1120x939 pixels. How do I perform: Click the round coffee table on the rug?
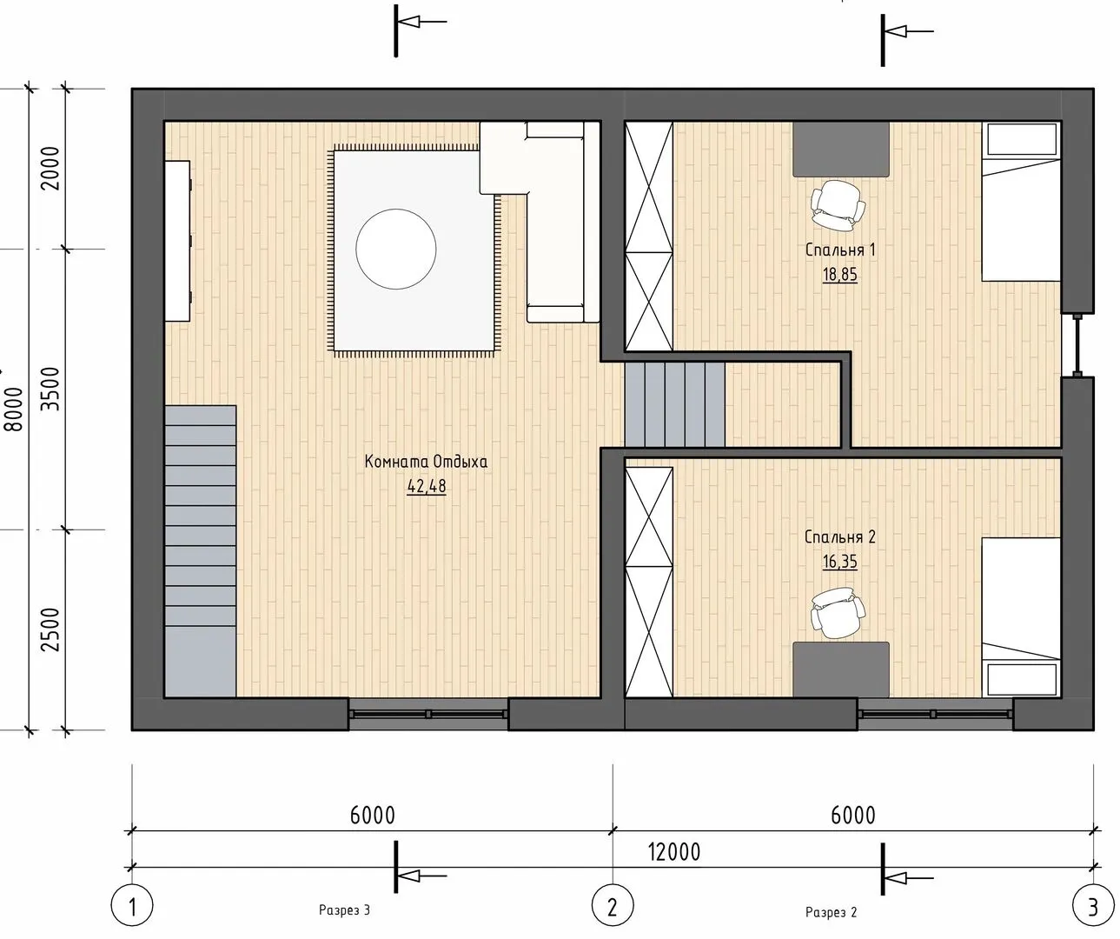pyautogui.click(x=396, y=250)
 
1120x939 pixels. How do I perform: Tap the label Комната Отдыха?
pyautogui.click(x=426, y=462)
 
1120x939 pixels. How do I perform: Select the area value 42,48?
pyautogui.click(x=427, y=486)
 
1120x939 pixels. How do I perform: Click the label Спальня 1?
pyautogui.click(x=840, y=250)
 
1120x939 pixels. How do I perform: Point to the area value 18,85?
pyautogui.click(x=840, y=275)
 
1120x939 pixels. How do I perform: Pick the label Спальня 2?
pyautogui.click(x=840, y=536)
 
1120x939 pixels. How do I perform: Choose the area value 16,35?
pyautogui.click(x=840, y=562)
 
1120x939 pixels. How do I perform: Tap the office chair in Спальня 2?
pyautogui.click(x=837, y=613)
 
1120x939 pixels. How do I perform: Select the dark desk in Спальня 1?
pyautogui.click(x=841, y=150)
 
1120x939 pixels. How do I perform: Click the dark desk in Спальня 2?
pyautogui.click(x=841, y=669)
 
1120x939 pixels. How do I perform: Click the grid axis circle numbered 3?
pyautogui.click(x=1093, y=908)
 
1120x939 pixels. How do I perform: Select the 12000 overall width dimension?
pyautogui.click(x=674, y=852)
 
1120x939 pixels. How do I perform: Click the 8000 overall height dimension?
pyautogui.click(x=15, y=410)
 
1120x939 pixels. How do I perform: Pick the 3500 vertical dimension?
pyautogui.click(x=51, y=390)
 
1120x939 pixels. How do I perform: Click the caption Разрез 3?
pyautogui.click(x=344, y=910)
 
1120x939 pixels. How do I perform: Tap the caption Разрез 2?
pyautogui.click(x=832, y=912)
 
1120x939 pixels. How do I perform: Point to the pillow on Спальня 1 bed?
pyautogui.click(x=1021, y=139)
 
